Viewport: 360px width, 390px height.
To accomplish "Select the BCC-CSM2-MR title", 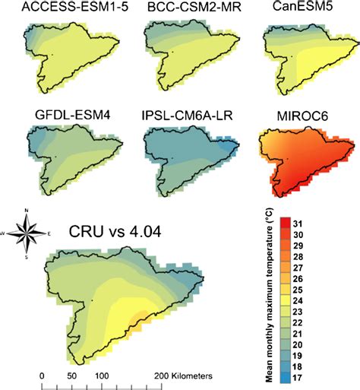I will (x=184, y=8).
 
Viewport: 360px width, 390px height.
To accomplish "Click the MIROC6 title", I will (x=305, y=116).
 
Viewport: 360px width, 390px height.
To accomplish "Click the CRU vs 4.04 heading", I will (x=124, y=231).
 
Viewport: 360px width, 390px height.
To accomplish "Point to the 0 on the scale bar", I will (x=42, y=376).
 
